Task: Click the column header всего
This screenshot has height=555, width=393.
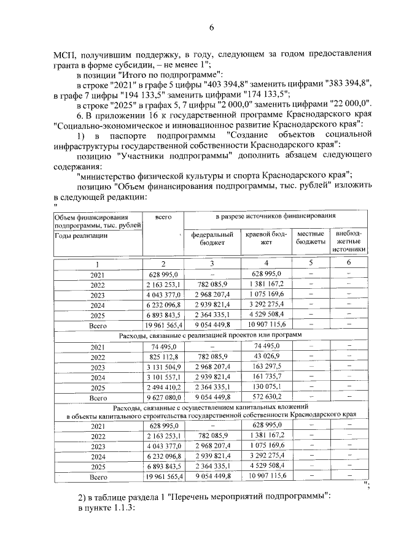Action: [163, 217]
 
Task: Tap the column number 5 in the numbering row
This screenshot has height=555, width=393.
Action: [311, 262]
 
